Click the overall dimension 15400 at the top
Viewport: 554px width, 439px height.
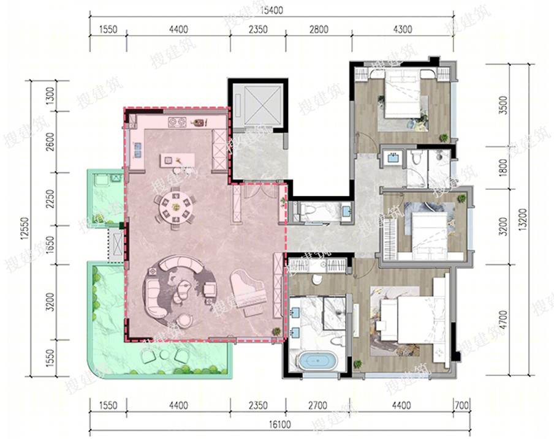point(271,10)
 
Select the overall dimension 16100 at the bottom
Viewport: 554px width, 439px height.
point(280,424)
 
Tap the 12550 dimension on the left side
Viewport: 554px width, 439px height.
point(25,228)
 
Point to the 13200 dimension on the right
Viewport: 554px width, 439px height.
point(523,219)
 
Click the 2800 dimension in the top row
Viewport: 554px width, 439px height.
point(319,29)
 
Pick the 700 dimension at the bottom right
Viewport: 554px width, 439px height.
point(462,405)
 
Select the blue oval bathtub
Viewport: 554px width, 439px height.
point(317,361)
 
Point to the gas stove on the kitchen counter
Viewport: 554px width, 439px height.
point(177,122)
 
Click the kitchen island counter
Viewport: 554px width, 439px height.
point(177,160)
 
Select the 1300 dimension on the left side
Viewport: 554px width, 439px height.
point(50,96)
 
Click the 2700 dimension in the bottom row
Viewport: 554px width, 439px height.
point(317,405)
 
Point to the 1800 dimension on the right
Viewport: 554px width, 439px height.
point(503,168)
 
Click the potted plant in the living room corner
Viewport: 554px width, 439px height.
point(276,331)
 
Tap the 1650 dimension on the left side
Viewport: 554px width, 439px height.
point(50,244)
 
